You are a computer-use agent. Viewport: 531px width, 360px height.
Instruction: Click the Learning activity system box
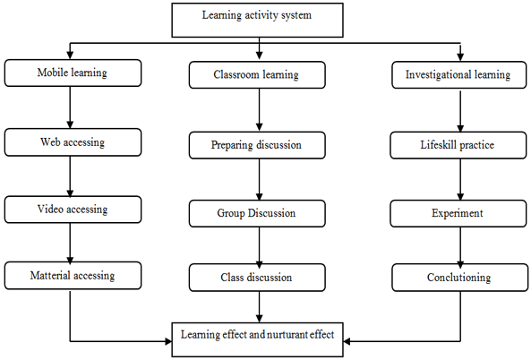click(x=257, y=20)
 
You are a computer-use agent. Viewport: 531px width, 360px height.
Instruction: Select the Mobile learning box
click(x=73, y=73)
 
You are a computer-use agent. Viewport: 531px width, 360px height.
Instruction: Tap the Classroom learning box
click(x=257, y=75)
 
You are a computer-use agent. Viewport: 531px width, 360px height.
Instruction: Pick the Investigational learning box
click(x=458, y=75)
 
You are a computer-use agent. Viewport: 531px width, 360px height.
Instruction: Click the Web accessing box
click(x=73, y=142)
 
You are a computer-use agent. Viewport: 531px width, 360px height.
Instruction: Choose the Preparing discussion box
click(x=257, y=145)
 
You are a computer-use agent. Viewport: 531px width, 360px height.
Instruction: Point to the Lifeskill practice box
click(x=458, y=145)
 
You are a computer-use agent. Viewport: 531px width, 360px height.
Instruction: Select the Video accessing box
click(x=73, y=210)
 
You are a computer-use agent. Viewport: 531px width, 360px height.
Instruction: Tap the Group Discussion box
click(x=257, y=213)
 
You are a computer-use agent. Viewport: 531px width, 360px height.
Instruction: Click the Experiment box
click(x=458, y=213)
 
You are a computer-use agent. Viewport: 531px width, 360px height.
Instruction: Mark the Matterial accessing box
click(x=73, y=275)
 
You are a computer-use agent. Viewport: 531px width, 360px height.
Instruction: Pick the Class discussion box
click(x=257, y=278)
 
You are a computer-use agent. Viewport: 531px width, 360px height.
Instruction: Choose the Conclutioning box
click(x=459, y=278)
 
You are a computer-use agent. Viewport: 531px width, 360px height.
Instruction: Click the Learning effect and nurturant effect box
click(x=257, y=339)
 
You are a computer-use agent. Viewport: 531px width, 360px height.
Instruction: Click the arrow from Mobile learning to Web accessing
click(x=70, y=107)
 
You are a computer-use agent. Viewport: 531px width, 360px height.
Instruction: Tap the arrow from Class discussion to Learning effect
click(x=259, y=307)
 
